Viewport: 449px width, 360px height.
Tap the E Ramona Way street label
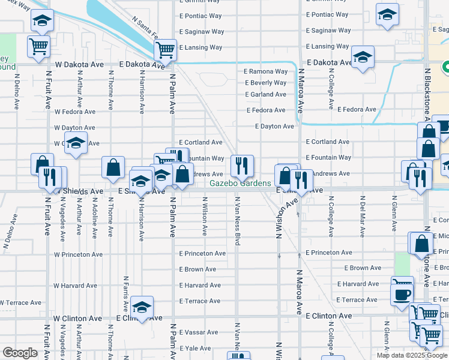coord(265,71)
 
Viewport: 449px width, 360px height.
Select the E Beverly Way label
coord(265,83)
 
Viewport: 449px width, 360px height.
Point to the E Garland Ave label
coord(265,94)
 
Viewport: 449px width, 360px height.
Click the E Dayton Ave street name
coord(274,127)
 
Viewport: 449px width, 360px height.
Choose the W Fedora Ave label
coord(74,112)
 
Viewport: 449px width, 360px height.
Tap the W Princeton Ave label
coord(78,254)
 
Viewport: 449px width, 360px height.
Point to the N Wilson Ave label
coord(205,216)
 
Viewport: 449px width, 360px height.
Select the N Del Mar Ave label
coord(363,213)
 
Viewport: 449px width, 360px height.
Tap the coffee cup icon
coord(401,295)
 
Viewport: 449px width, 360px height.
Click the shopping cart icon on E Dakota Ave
coord(165,50)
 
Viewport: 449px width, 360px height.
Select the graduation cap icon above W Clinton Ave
coord(142,307)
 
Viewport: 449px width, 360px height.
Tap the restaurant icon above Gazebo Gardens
coord(242,165)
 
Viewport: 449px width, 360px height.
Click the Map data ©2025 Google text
coord(412,355)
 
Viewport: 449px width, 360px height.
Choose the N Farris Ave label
coord(126,288)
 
